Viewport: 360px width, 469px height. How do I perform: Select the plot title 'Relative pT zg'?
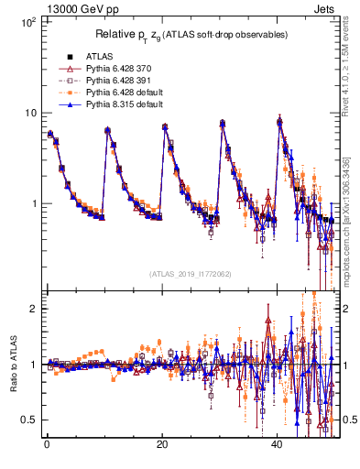pyautogui.click(x=192, y=35)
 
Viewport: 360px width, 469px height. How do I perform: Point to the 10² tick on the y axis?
pyautogui.click(x=28, y=21)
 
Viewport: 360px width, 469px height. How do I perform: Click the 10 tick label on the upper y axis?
pyautogui.click(x=30, y=113)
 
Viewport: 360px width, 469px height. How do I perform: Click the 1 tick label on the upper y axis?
pyautogui.click(x=33, y=203)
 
